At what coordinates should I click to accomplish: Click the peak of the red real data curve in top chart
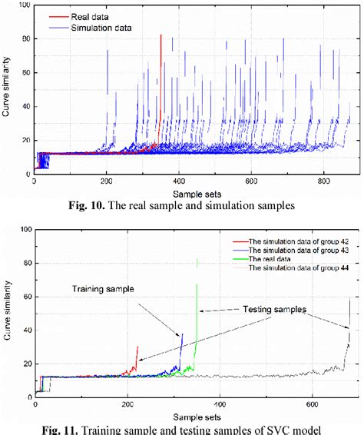(x=160, y=35)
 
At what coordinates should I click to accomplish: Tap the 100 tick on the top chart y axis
(x=25, y=6)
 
